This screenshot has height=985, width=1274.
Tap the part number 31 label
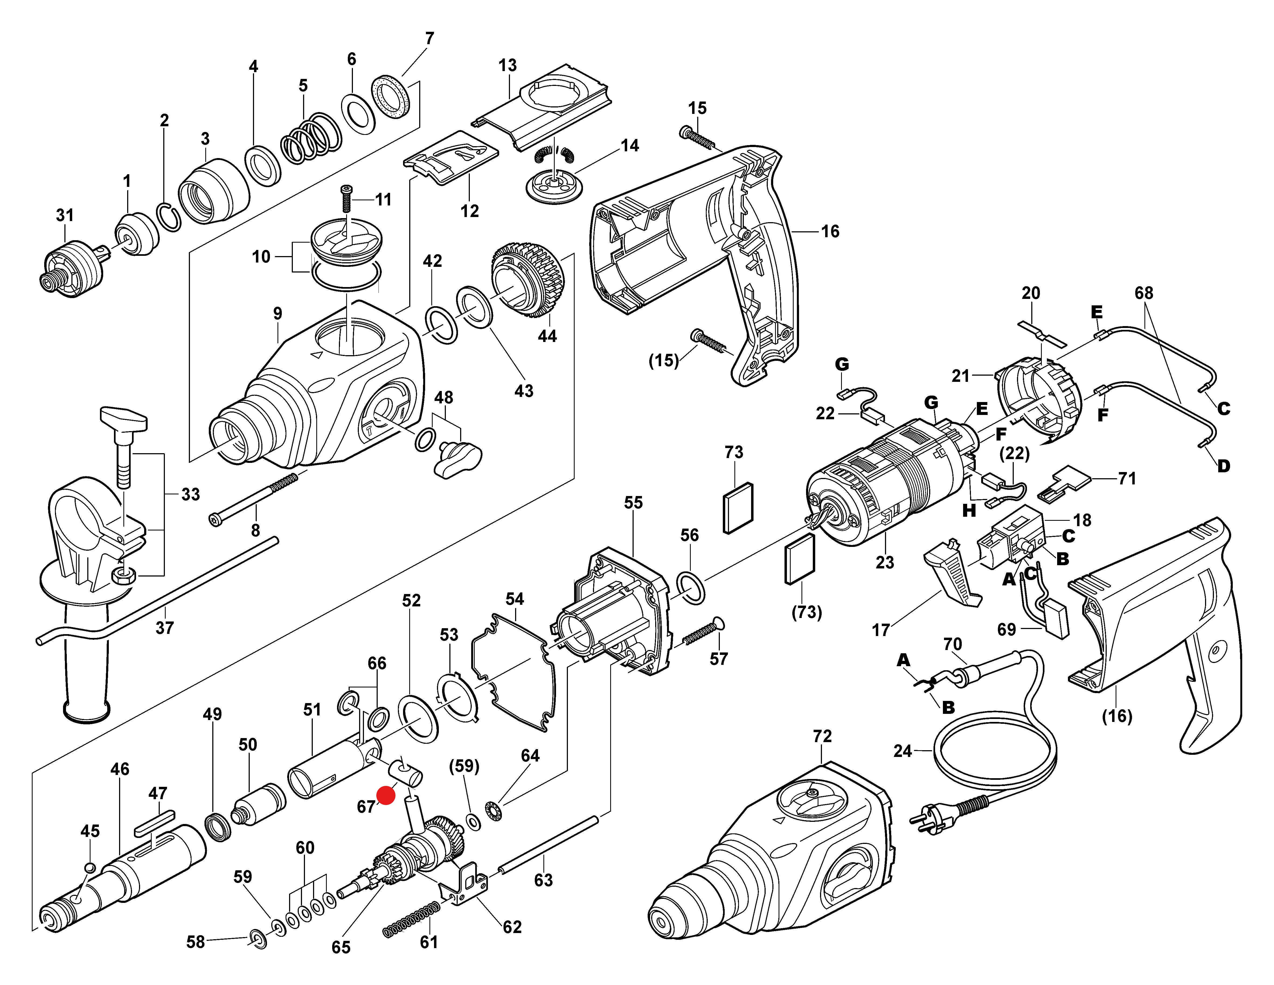tap(65, 215)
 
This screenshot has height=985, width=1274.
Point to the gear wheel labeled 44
tap(528, 280)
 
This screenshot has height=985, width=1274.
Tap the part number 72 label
tap(822, 736)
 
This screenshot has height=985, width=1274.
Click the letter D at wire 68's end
tap(1223, 466)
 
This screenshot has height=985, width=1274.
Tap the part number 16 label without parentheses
tap(830, 232)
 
